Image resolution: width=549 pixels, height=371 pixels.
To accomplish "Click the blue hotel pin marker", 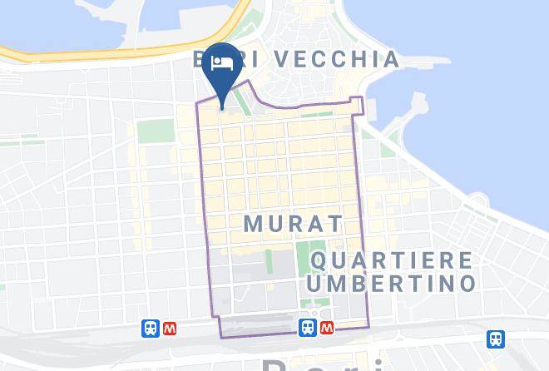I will tap(223, 70).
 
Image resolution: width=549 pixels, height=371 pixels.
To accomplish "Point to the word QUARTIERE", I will tap(391, 261).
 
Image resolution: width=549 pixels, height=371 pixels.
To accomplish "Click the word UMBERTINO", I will tap(391, 283).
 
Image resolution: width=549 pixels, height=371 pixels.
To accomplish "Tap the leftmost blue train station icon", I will tap(151, 329).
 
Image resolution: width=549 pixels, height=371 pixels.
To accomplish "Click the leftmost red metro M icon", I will tap(170, 329).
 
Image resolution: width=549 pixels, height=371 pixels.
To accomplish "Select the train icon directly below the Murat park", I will tap(307, 328).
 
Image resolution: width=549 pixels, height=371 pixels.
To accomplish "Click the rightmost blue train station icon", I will tap(496, 339).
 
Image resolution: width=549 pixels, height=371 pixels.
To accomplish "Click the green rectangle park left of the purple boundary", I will tap(151, 131).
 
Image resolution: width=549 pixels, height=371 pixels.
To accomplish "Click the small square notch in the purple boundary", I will tap(358, 105).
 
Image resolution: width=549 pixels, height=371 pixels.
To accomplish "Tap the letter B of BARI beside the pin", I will tap(200, 59).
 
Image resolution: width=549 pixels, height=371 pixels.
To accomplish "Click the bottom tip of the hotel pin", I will tap(223, 107).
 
